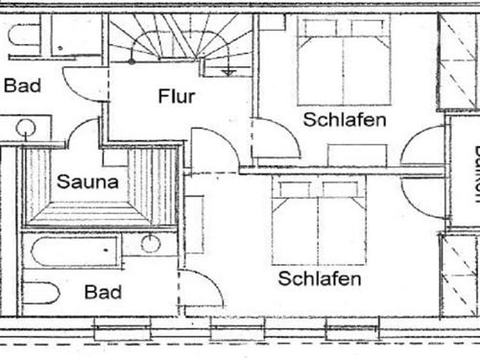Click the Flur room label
177,96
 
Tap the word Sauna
86,180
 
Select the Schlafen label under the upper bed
345,120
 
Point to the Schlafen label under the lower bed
320,278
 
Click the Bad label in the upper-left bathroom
22,85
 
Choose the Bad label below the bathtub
103,292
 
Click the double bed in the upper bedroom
343,62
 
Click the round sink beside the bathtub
151,243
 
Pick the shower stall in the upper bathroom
75,36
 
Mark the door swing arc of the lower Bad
200,289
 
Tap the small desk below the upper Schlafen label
357,154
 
